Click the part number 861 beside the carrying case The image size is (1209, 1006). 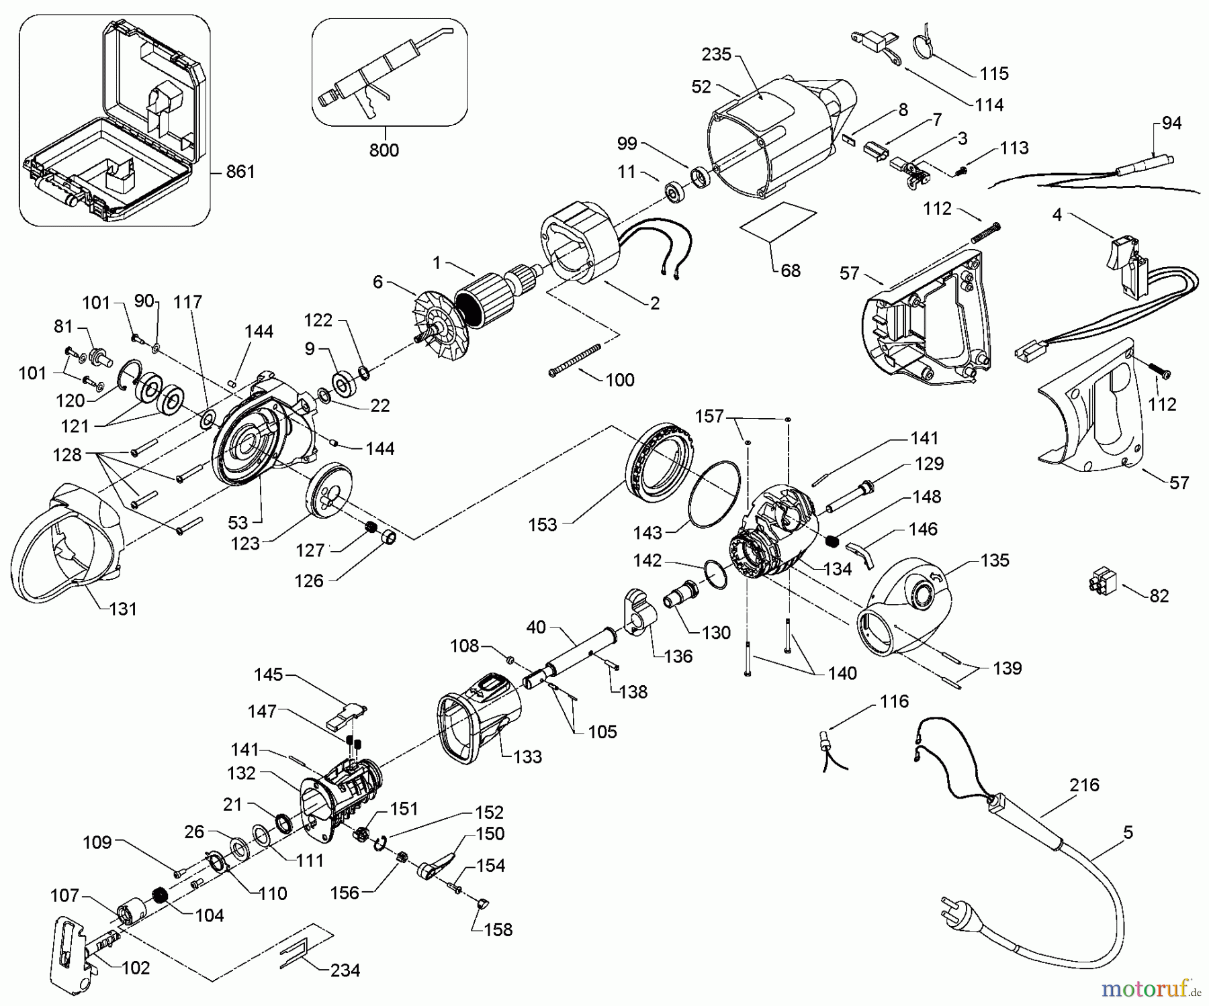(x=240, y=172)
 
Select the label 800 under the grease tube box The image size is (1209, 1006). (x=384, y=150)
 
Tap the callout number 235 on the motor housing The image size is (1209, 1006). (x=717, y=54)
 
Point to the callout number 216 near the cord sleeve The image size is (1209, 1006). (x=1085, y=785)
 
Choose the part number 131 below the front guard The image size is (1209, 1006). (x=123, y=609)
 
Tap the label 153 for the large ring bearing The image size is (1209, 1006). (x=543, y=525)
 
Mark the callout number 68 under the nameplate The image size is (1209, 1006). (x=791, y=270)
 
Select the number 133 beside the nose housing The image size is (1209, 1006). (x=527, y=757)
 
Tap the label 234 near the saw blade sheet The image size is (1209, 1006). (x=345, y=970)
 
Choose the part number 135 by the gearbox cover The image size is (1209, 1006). (x=995, y=560)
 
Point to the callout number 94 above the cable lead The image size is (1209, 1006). (x=1171, y=123)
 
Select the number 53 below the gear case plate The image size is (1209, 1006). (x=238, y=523)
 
